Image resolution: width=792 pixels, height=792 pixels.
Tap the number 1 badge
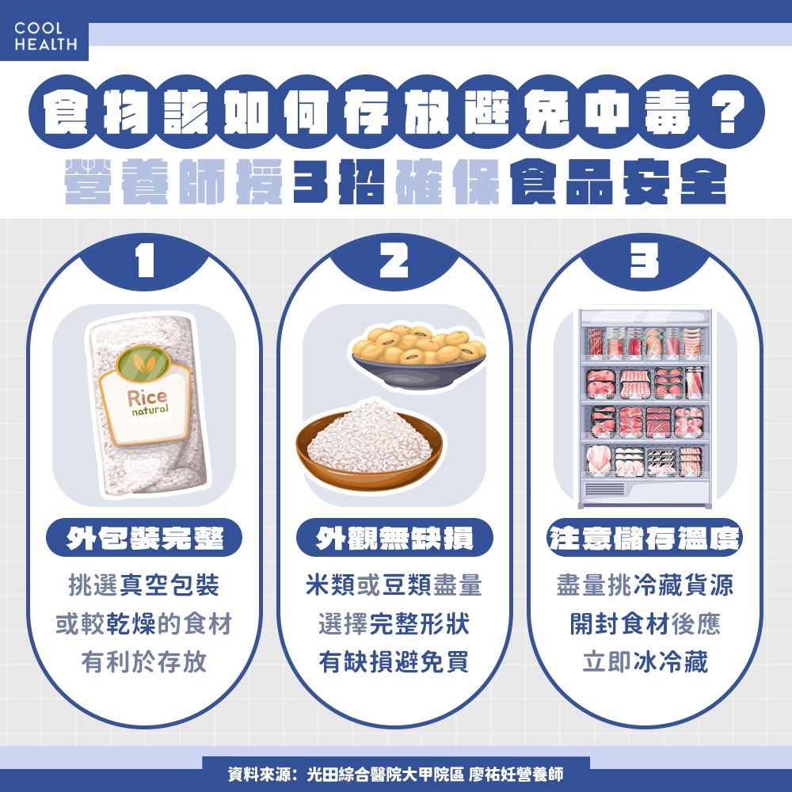145,262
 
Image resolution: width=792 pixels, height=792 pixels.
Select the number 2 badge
395,262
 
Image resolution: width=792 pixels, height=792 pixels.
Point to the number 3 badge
645,262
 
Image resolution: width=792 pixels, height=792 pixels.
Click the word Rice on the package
147,398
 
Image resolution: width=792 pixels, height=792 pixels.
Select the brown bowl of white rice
369,447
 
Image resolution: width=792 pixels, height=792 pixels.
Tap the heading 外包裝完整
145,539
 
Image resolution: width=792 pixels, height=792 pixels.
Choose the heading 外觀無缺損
394,539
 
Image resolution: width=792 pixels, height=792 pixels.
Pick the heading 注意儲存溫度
645,539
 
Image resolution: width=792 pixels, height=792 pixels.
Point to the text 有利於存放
145,662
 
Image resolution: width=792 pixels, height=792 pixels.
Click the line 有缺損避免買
394,662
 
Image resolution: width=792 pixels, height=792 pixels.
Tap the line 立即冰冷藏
645,662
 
